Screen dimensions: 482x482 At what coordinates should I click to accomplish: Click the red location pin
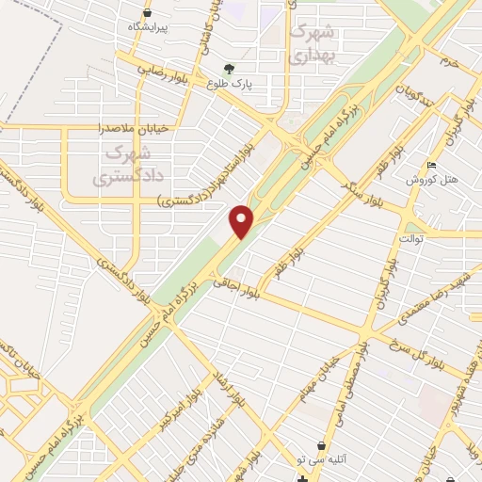(x=243, y=220)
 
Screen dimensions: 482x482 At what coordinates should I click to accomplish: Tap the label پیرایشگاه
(x=148, y=26)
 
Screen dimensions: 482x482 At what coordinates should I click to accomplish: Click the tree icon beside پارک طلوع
(x=229, y=68)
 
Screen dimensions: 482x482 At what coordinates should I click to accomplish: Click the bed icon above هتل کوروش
(x=432, y=166)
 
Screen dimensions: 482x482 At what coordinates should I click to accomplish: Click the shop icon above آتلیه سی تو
(x=324, y=444)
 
